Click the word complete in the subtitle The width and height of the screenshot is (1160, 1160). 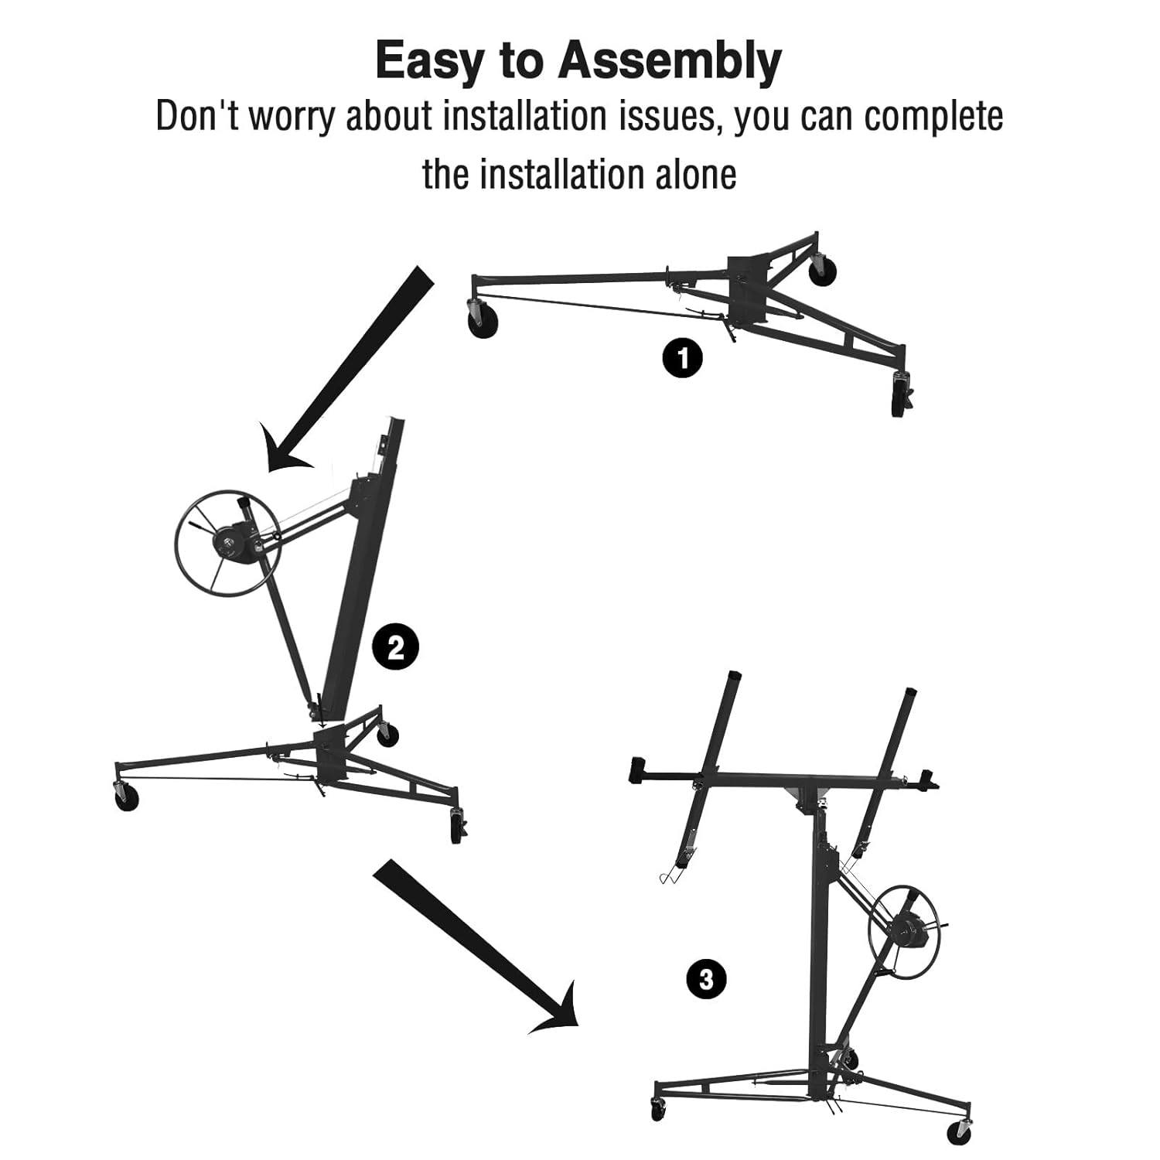point(933,117)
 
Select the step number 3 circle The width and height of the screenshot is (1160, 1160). point(706,980)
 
